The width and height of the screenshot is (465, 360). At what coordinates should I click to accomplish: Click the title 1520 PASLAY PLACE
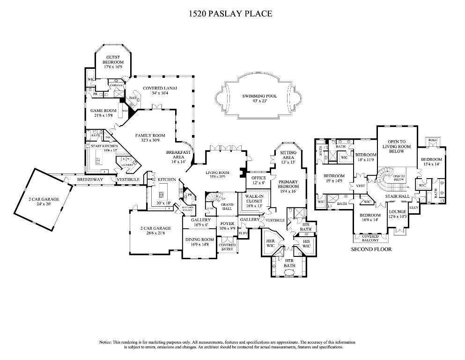coord(230,14)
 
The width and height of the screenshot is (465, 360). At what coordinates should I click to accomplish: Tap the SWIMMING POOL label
coord(259,96)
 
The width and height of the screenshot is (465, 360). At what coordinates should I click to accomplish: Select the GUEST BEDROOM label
coord(113,60)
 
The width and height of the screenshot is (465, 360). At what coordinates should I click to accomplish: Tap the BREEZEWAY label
coord(90,180)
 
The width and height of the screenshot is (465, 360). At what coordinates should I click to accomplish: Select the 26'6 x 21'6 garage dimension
coord(155,233)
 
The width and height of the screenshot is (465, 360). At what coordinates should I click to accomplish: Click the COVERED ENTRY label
coord(228,247)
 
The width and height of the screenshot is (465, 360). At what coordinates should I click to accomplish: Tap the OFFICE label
coord(258,178)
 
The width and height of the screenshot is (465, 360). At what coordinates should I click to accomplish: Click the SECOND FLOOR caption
coord(371,249)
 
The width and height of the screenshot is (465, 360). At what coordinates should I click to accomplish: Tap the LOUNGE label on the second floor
coord(398,211)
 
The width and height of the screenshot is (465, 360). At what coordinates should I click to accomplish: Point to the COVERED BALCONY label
coord(370,238)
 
